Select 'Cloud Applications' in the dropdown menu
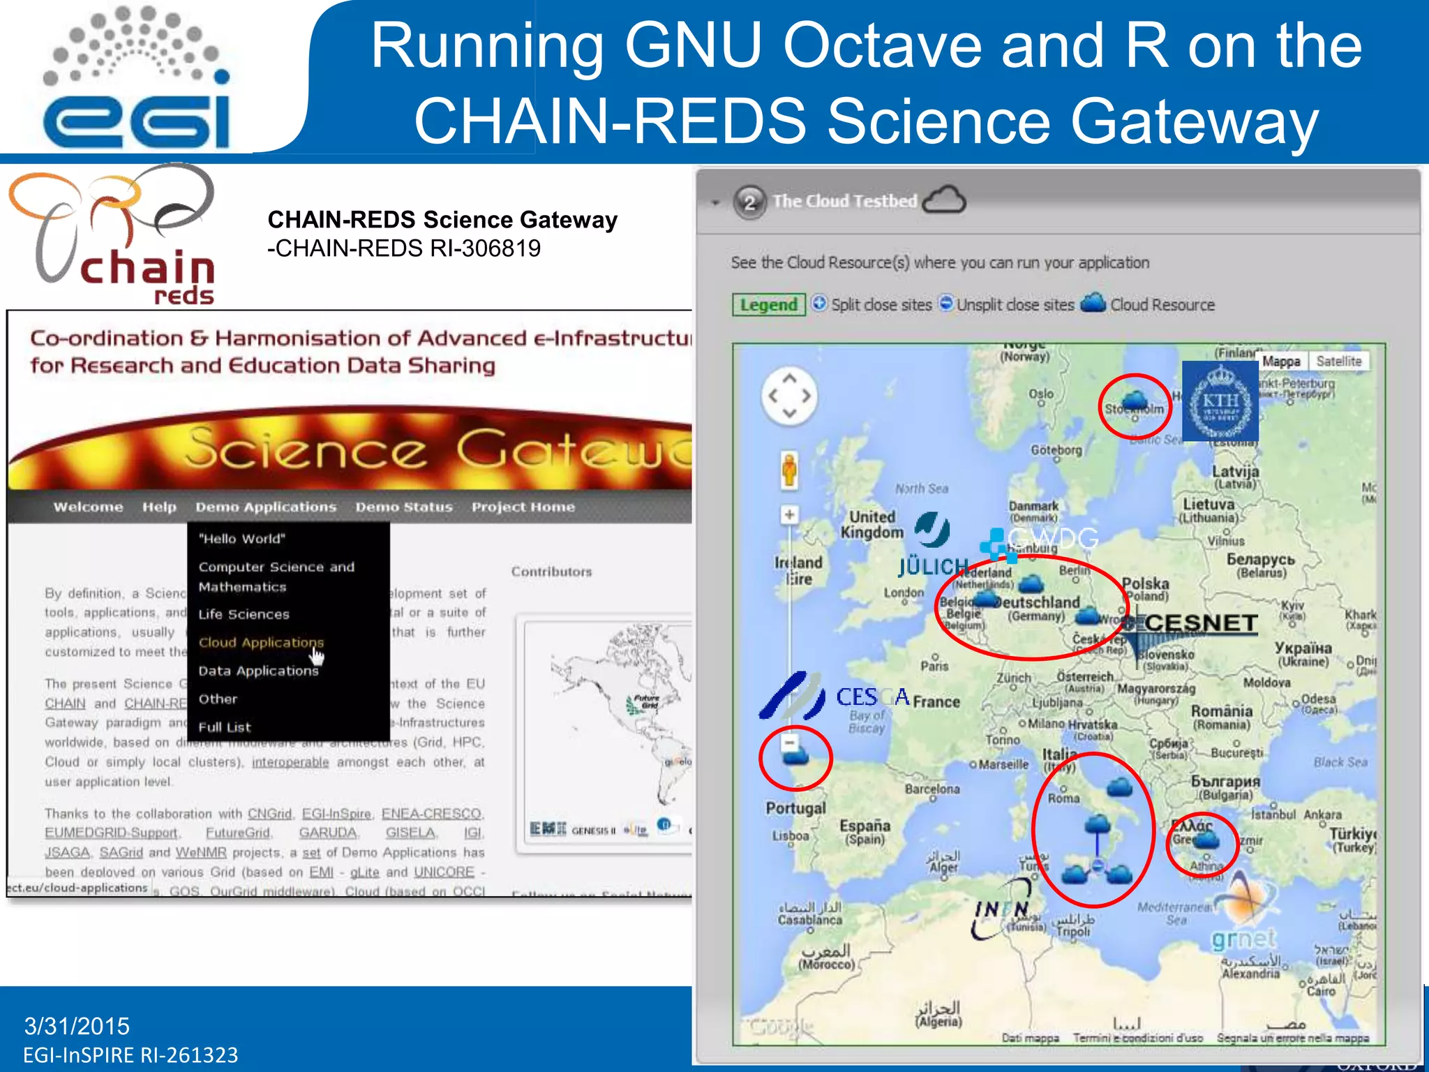tap(261, 642)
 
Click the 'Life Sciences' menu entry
tap(244, 614)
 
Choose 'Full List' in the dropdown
tap(224, 727)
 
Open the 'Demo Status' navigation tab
tap(404, 507)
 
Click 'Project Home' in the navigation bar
tap(523, 507)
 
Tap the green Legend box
tap(768, 305)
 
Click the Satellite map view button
tap(1338, 362)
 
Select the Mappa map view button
tap(1281, 362)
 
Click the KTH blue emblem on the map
tap(1220, 401)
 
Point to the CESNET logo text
tap(1201, 623)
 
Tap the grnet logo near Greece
tap(1243, 939)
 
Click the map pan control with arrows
tap(789, 396)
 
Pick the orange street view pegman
tap(789, 469)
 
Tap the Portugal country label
tap(795, 808)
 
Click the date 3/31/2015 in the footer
tap(77, 1026)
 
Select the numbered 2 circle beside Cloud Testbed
tap(749, 202)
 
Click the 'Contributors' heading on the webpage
tap(551, 572)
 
